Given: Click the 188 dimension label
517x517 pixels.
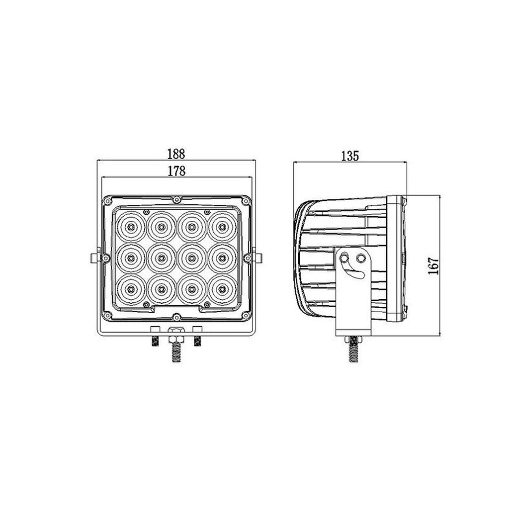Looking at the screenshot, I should pyautogui.click(x=176, y=153).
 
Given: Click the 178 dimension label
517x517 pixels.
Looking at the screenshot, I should pyautogui.click(x=176, y=171).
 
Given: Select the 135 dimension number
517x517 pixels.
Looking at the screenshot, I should pyautogui.click(x=349, y=156).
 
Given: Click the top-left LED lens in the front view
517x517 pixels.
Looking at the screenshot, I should pyautogui.click(x=131, y=227).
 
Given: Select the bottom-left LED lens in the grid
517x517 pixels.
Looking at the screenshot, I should pyautogui.click(x=131, y=288).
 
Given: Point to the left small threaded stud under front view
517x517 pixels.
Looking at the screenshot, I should pyautogui.click(x=155, y=341).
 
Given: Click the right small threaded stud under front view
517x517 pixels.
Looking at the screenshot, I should pyautogui.click(x=197, y=341).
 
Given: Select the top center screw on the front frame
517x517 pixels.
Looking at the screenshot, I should pyautogui.click(x=176, y=199).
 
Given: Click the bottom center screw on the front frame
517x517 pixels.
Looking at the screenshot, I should pyautogui.click(x=176, y=316).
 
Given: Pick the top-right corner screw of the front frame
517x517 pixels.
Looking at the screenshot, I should pyautogui.click(x=245, y=201).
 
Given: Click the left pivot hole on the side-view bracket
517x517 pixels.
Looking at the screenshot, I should pyautogui.click(x=344, y=258).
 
